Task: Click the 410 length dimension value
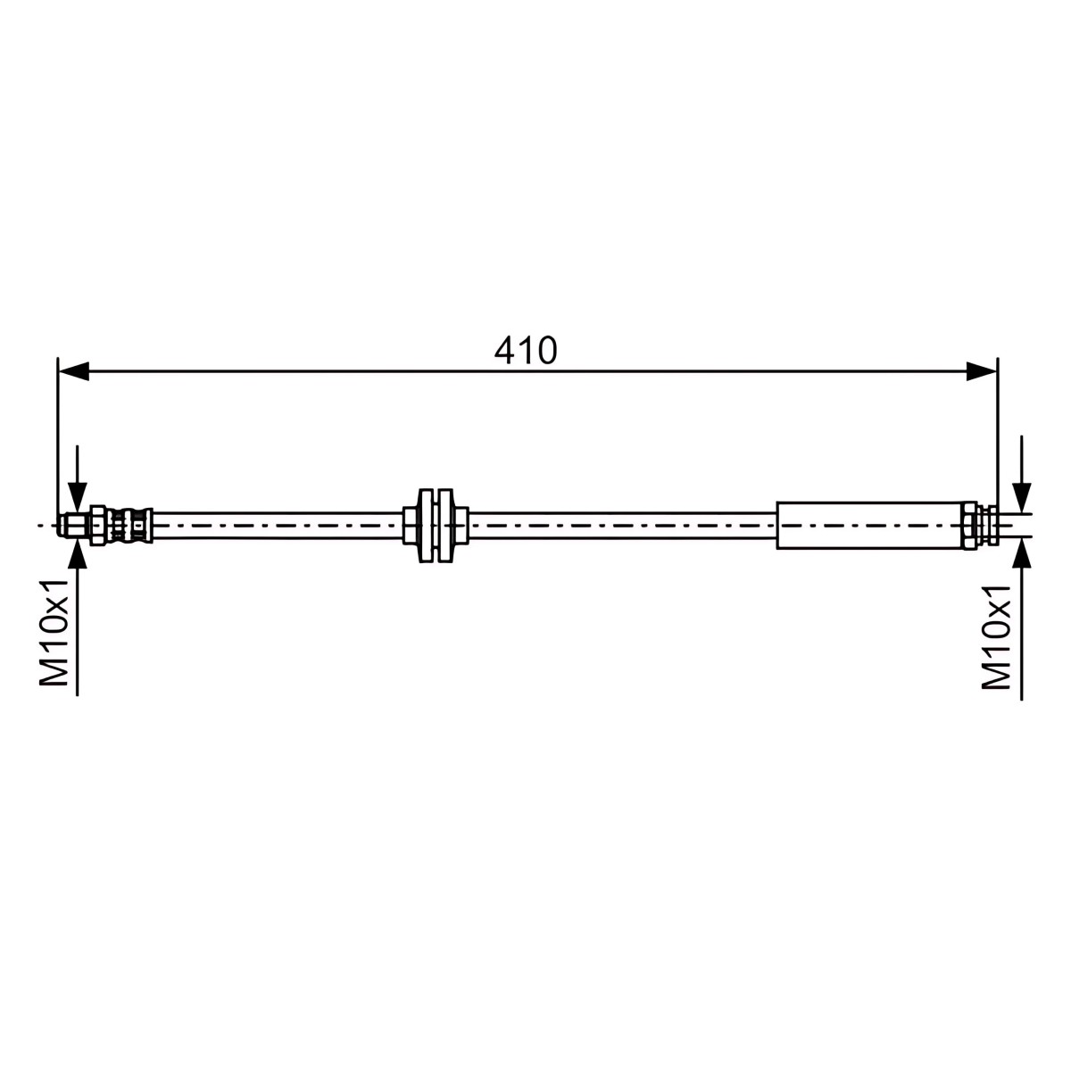525,350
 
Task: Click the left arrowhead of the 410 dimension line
73,370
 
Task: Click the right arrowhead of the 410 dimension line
982,370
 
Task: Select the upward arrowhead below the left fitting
78,553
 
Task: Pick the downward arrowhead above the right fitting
1022,497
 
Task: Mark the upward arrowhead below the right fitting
1022,552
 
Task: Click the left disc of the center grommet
427,526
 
